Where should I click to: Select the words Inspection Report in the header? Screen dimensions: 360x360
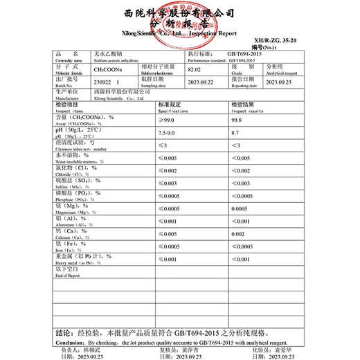[x=218, y=33]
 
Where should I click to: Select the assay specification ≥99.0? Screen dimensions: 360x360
[x=168, y=119]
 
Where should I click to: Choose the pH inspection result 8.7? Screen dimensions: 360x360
[x=237, y=132]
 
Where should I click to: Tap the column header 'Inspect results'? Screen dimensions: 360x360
[x=247, y=110]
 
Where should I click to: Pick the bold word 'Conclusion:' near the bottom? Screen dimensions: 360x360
[x=69, y=341]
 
